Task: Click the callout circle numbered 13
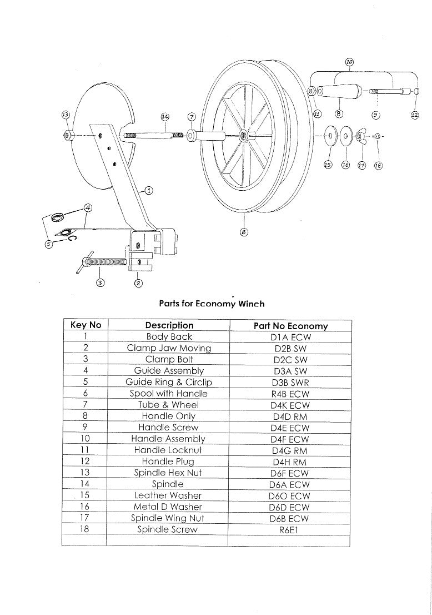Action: click(x=66, y=115)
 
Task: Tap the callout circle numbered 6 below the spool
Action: click(x=243, y=232)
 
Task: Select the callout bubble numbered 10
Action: click(x=349, y=62)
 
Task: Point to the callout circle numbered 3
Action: click(x=100, y=282)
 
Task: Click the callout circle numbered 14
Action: click(x=164, y=117)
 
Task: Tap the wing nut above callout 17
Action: click(x=361, y=135)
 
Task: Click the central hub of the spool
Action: click(x=244, y=135)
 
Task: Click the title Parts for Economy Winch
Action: click(x=212, y=304)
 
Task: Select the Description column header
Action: click(x=169, y=325)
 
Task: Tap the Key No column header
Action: click(x=86, y=325)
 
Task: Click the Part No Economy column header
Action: click(x=290, y=326)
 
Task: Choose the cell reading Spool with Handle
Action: click(x=169, y=393)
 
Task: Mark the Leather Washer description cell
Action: click(x=168, y=495)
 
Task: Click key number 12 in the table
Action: click(x=85, y=462)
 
